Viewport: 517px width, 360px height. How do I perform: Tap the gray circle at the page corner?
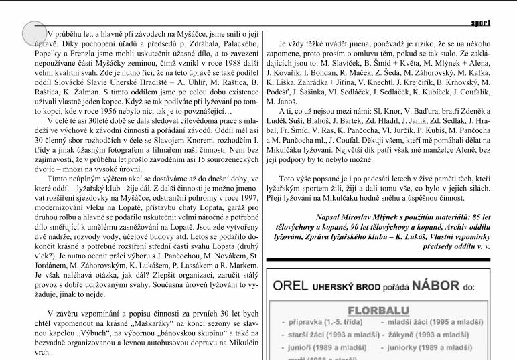(34, 34)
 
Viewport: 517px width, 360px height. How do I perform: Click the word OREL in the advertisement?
(290, 287)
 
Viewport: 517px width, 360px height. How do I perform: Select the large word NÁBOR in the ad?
(435, 286)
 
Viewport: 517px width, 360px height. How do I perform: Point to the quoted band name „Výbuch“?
(93, 332)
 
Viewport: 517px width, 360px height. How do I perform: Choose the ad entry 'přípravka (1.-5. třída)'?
(327, 323)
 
